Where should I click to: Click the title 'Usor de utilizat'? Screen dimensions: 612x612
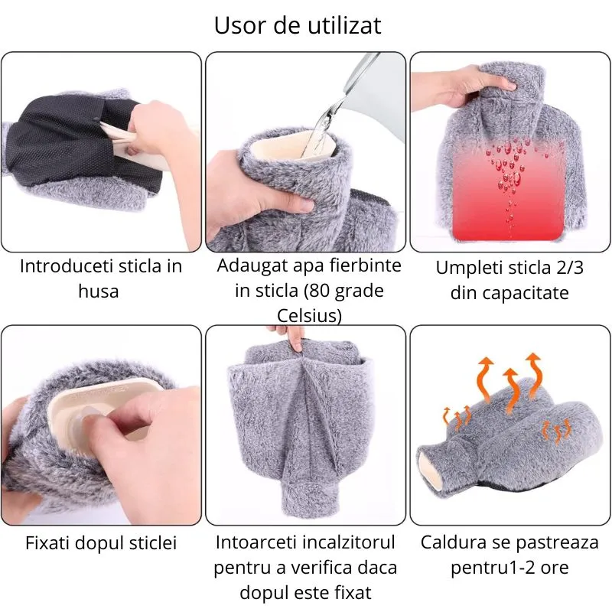pyautogui.click(x=298, y=25)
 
